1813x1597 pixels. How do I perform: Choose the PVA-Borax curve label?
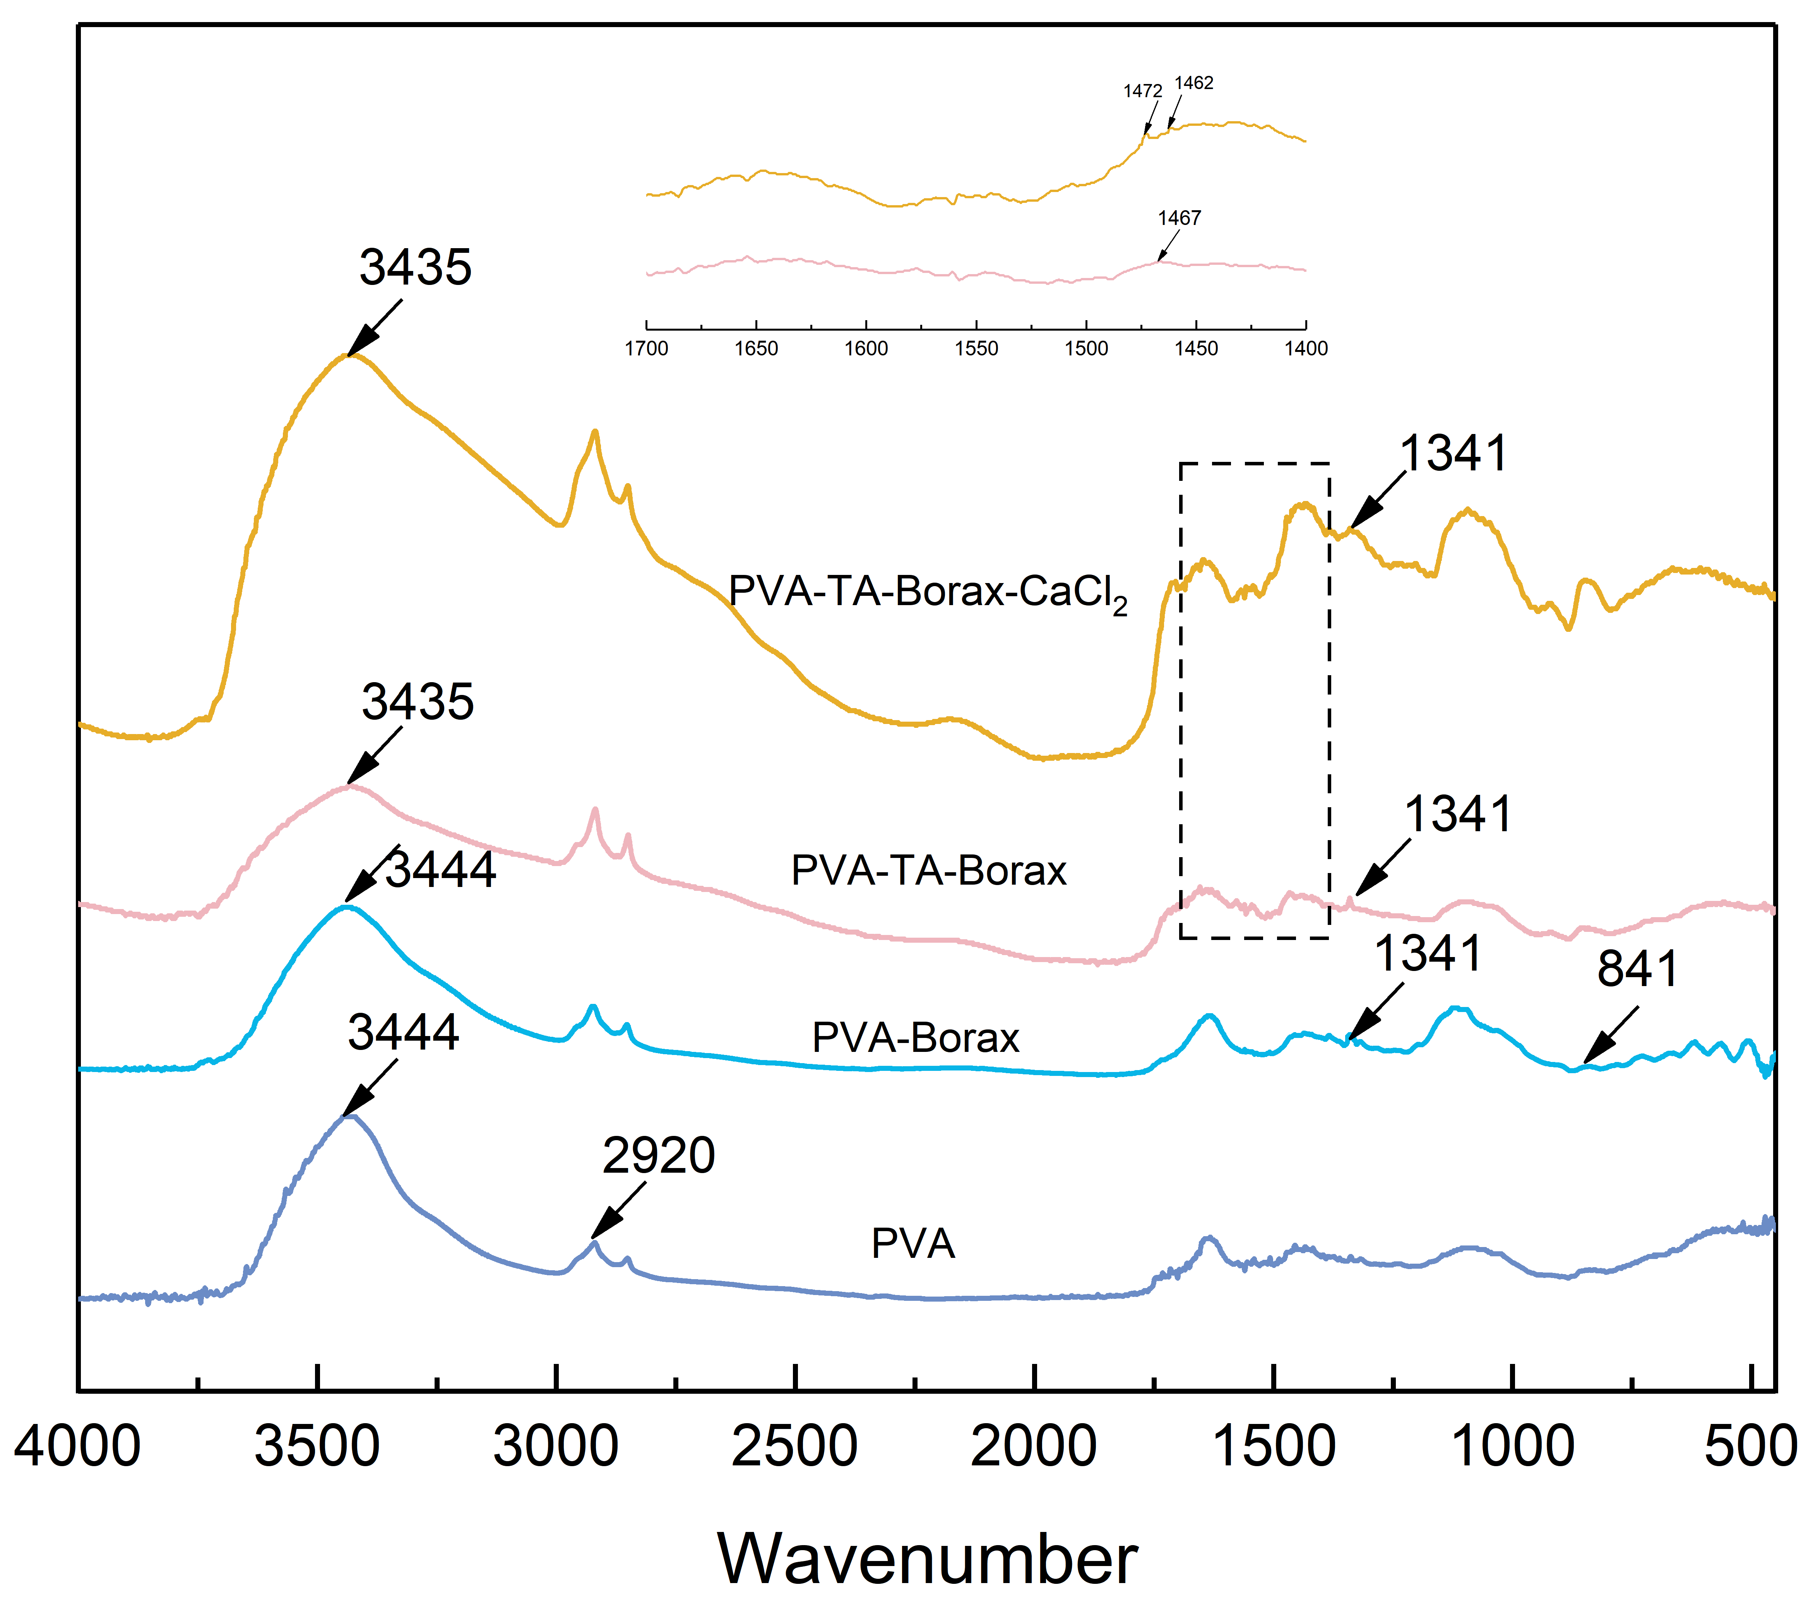(915, 1038)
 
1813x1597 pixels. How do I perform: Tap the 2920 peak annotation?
(658, 1156)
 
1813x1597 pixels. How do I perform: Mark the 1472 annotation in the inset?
(1142, 91)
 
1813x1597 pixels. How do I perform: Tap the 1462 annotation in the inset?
(1194, 83)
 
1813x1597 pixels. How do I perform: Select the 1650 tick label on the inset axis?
(756, 349)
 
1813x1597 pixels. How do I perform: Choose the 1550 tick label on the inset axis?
(976, 349)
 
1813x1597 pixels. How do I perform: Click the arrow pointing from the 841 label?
(1610, 1035)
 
